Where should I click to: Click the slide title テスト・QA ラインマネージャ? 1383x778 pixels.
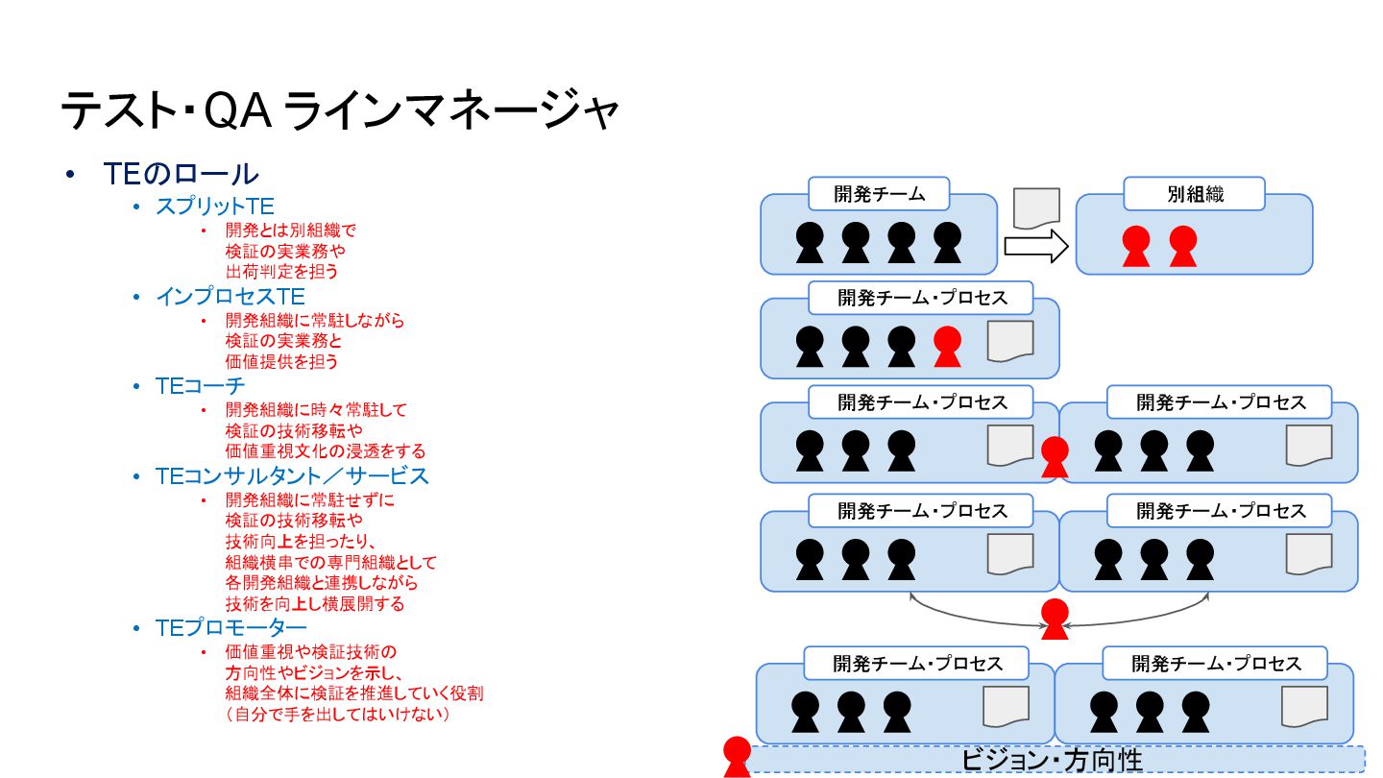tap(339, 112)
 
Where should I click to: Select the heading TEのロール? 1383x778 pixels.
tap(181, 174)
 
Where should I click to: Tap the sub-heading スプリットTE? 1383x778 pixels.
tap(215, 207)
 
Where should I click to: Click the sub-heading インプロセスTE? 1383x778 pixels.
tap(230, 297)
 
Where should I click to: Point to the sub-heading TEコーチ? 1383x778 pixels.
tap(200, 386)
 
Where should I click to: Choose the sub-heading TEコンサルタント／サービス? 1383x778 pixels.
tap(292, 476)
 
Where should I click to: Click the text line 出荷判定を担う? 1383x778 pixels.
tap(281, 272)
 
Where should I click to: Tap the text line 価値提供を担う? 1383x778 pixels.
tap(281, 362)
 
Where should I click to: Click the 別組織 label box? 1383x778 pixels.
tap(1195, 194)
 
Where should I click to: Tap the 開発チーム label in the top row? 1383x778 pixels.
tap(879, 194)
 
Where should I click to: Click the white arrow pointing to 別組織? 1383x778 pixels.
tap(1036, 247)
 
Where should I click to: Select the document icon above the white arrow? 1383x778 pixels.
tap(1036, 207)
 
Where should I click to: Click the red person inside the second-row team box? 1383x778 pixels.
tap(947, 347)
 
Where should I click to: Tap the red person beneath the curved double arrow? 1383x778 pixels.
tap(1055, 619)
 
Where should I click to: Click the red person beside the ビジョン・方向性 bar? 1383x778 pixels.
tap(737, 757)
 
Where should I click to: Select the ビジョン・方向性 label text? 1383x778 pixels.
tap(1052, 760)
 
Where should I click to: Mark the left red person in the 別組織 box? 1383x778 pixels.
tap(1136, 246)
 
